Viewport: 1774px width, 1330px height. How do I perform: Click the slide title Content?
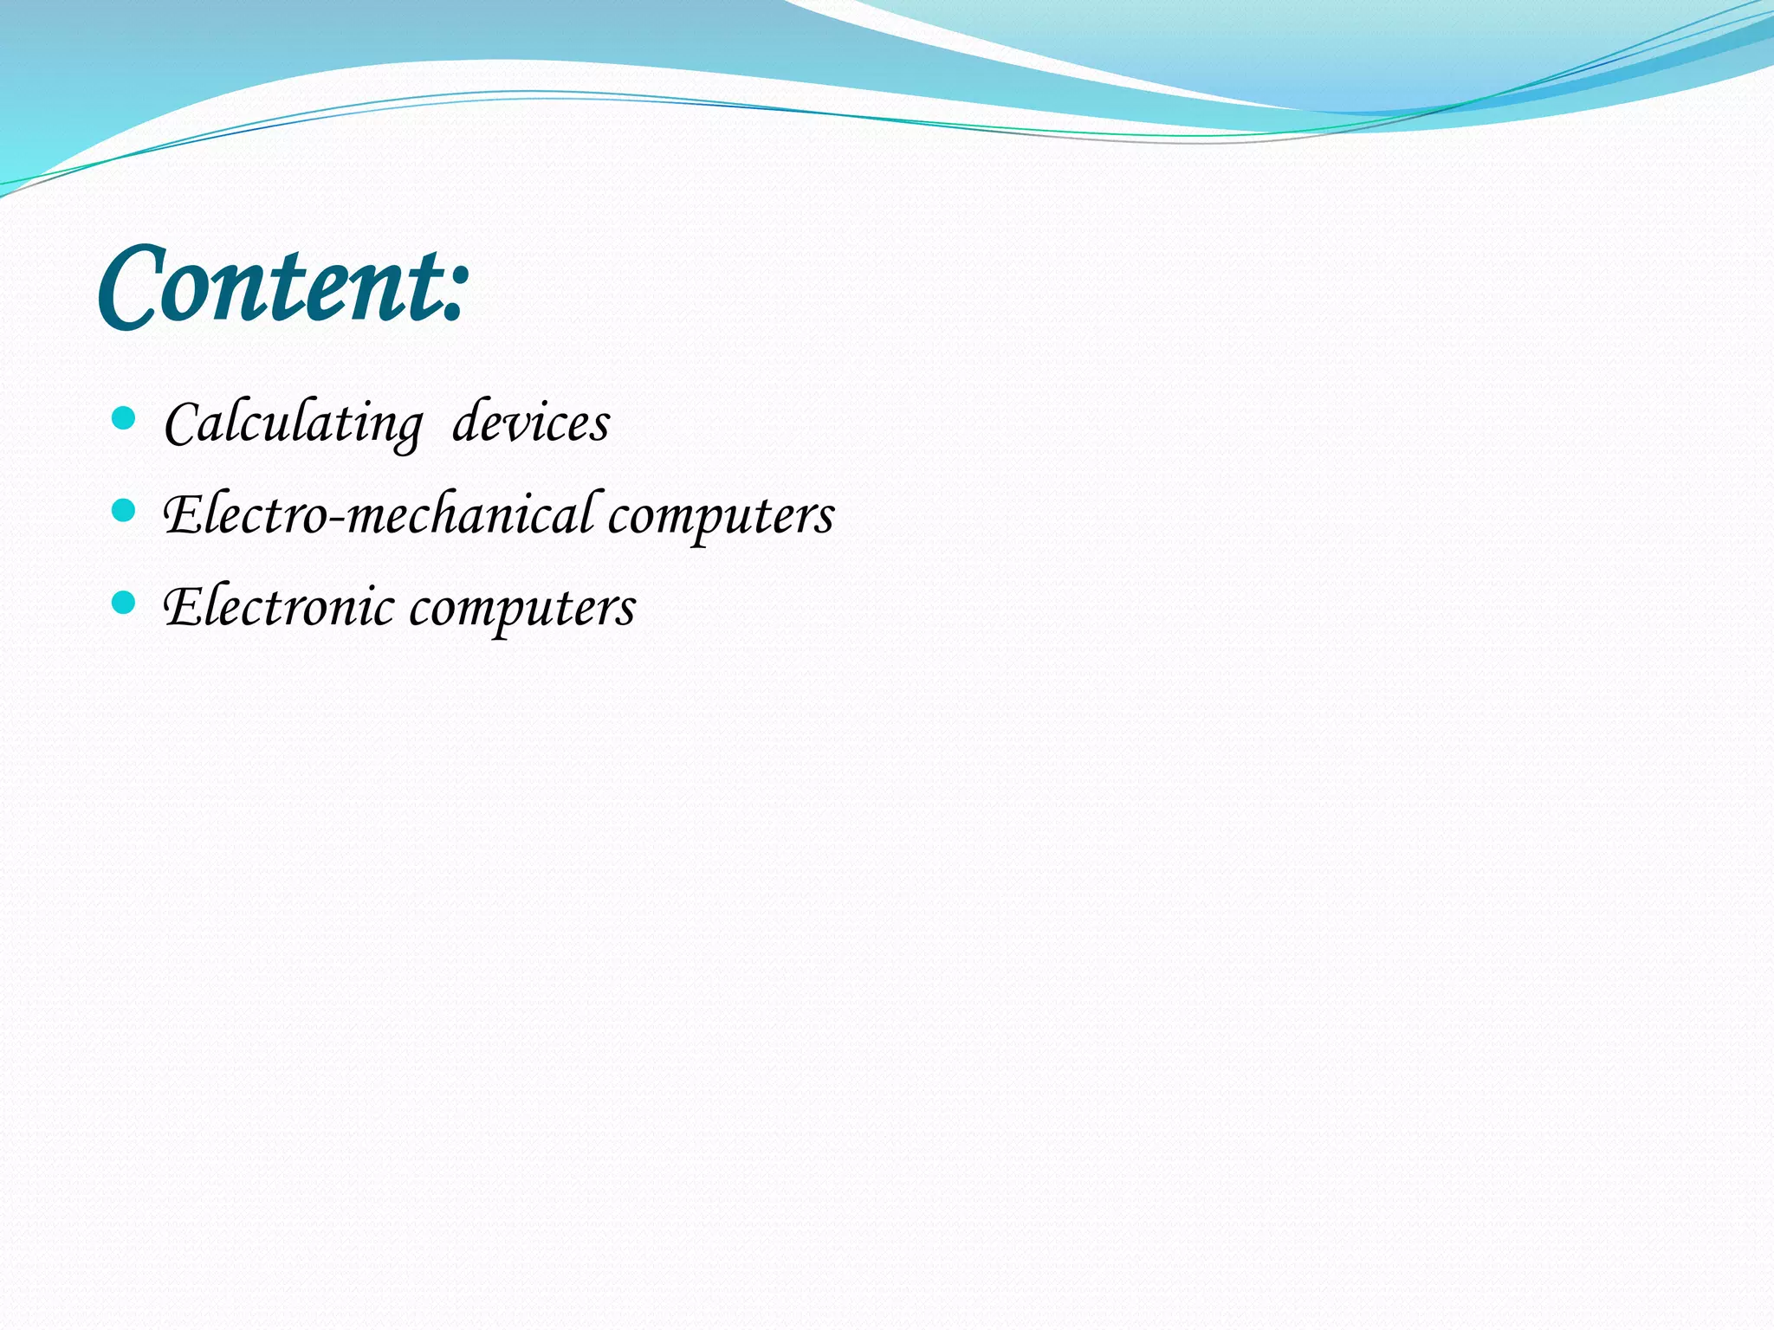[284, 286]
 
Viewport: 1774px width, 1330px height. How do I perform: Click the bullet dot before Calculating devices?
[125, 419]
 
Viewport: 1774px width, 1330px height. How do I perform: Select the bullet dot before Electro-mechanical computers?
[125, 511]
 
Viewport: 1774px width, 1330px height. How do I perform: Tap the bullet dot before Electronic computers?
[125, 603]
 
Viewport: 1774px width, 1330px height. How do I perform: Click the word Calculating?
[293, 424]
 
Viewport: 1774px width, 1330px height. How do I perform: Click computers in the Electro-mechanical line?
[721, 517]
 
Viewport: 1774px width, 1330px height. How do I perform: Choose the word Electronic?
[279, 606]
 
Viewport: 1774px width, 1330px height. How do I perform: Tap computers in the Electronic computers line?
[522, 609]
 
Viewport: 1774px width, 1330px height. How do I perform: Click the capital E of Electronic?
[184, 606]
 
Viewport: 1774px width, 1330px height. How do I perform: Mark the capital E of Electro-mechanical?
[184, 514]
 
